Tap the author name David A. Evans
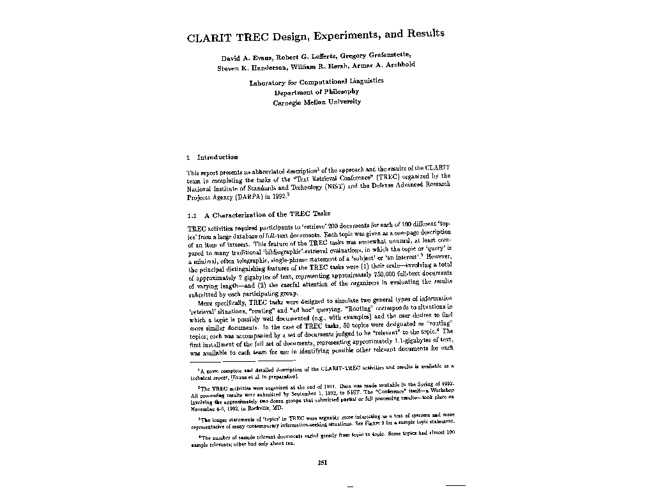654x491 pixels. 246,58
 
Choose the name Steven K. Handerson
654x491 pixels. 252,67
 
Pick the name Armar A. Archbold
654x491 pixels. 386,65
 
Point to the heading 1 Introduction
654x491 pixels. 212,157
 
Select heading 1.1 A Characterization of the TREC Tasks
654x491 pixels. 259,215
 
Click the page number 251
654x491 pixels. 323,463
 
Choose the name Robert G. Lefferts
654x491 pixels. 306,57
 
